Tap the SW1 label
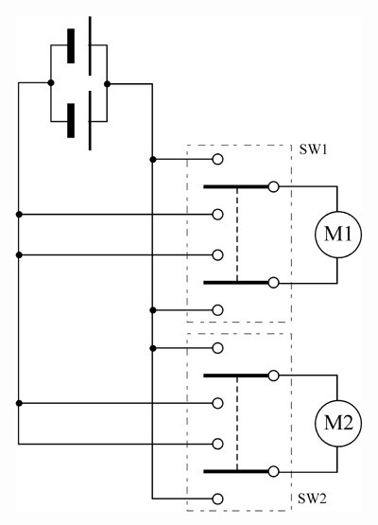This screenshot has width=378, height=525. tap(313, 149)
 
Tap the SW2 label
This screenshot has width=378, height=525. tap(312, 499)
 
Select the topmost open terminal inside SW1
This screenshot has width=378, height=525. tap(217, 159)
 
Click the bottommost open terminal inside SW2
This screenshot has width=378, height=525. tap(217, 499)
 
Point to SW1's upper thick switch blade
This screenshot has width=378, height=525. tap(236, 187)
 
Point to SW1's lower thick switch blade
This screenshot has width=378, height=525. tap(236, 283)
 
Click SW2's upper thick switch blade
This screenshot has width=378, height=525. tap(236, 376)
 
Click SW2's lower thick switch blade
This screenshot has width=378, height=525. tap(236, 471)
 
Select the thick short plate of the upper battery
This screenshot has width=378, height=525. tap(71, 45)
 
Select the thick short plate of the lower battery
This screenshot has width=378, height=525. tap(71, 120)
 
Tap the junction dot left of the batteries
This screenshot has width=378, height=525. tap(51, 82)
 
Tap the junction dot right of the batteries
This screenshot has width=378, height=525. tap(107, 83)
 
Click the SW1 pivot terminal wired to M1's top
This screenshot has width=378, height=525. tap(274, 187)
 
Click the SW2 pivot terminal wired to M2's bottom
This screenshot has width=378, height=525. tap(274, 471)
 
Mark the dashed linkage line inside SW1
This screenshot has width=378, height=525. tap(237, 235)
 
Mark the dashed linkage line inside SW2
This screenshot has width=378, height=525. tap(237, 424)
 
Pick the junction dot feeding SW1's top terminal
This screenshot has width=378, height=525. tap(153, 160)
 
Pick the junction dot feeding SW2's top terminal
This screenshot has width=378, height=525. tap(153, 348)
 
